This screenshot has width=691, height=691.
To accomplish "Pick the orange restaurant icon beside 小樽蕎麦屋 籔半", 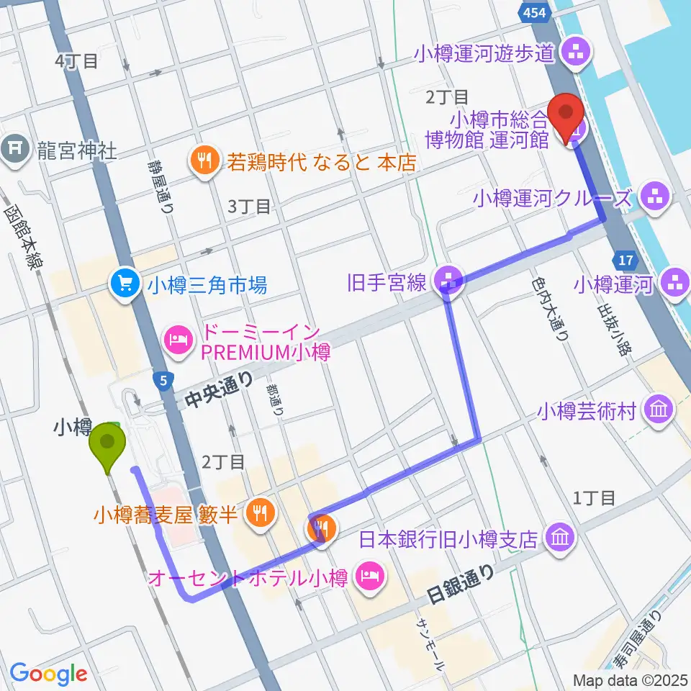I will coord(258,513).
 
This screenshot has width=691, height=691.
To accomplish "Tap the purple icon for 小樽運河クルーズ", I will coord(656,197).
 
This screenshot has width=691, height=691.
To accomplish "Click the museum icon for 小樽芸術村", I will coord(659,411).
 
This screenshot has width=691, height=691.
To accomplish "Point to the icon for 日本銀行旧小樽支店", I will coord(559,537).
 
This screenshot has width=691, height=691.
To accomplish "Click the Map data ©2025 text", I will coord(628,679).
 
